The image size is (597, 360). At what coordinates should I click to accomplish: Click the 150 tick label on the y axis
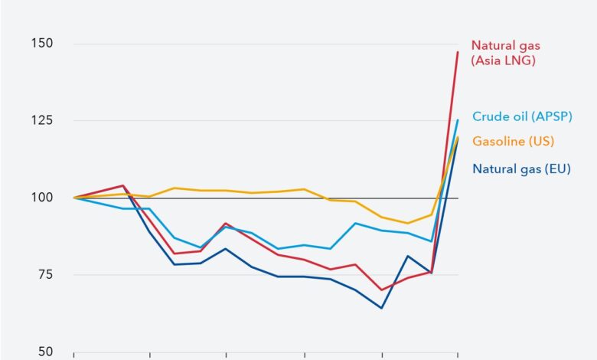point(42,44)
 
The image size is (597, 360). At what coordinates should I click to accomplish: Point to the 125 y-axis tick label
point(42,121)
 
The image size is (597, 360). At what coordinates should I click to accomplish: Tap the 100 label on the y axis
point(42,198)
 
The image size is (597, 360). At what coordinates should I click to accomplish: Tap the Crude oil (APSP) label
point(522,116)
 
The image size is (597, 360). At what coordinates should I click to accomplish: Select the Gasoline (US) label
point(513,141)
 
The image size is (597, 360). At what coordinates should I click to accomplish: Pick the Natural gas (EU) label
point(521,169)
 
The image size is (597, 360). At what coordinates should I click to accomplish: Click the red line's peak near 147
point(458,52)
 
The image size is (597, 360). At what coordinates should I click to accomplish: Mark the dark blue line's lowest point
point(380,308)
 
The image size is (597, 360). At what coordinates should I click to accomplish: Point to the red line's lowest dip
point(380,290)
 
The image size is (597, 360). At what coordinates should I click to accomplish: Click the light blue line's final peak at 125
point(458,119)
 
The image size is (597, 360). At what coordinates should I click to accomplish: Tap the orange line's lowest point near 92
point(408,223)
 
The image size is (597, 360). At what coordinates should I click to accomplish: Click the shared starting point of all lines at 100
point(73,198)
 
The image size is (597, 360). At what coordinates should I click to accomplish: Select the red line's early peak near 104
point(123,185)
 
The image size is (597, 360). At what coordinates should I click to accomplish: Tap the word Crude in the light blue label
point(488,116)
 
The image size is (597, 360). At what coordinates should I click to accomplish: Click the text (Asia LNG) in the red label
point(503,60)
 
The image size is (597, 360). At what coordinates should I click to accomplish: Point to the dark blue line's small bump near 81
point(408,256)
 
